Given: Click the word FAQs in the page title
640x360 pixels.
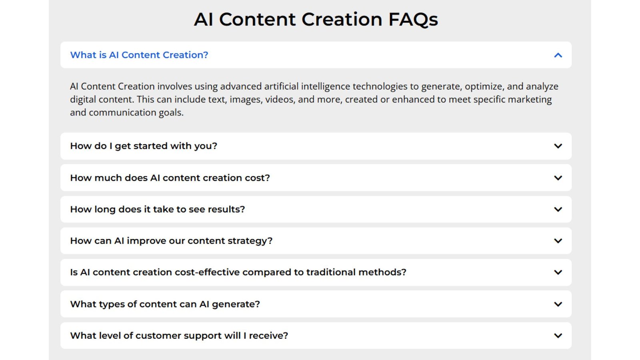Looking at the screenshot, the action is click(x=413, y=20).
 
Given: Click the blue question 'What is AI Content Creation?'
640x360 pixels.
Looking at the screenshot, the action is click(x=139, y=55).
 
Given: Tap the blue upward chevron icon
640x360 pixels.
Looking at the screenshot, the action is click(x=558, y=55).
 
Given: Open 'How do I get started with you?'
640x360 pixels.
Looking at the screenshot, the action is click(x=144, y=146).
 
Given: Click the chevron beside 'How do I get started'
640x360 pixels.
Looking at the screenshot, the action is click(x=558, y=146).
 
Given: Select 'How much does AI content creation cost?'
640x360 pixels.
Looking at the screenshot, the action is click(x=170, y=178).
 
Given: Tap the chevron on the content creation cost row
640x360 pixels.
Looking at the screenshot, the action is click(x=558, y=178).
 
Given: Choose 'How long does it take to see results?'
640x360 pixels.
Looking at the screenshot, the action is click(x=158, y=209).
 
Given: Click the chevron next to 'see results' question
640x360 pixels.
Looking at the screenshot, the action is click(x=558, y=210).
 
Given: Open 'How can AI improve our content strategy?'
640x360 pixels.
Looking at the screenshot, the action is click(x=172, y=241).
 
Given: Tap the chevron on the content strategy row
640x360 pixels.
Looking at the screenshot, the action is click(x=558, y=241).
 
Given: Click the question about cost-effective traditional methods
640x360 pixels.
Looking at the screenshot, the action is click(x=238, y=272).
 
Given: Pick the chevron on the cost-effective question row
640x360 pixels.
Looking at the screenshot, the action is click(x=558, y=272).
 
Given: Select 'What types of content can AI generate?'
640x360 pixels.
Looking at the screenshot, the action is click(x=165, y=304).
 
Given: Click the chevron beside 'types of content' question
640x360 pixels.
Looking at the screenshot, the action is click(x=558, y=304).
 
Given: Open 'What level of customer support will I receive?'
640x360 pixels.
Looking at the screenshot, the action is click(x=179, y=336).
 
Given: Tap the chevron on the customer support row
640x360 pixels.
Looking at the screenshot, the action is click(x=558, y=336).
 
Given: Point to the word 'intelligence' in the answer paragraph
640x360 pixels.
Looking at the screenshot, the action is click(x=326, y=86).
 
